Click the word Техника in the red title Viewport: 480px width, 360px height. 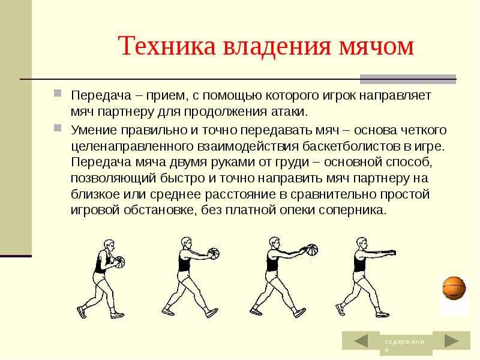pyautogui.click(x=167, y=46)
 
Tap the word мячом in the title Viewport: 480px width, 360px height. pyautogui.click(x=377, y=47)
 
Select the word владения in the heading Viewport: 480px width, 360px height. pyautogui.click(x=277, y=47)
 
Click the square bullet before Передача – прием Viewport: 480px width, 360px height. pyautogui.click(x=58, y=93)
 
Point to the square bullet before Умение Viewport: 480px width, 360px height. pyautogui.click(x=58, y=128)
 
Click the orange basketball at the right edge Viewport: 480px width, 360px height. pyautogui.click(x=454, y=288)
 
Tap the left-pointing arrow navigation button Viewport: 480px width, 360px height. pyautogui.click(x=361, y=340)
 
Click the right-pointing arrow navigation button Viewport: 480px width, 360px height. pyautogui.click(x=452, y=340)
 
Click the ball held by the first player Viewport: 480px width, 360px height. pyautogui.click(x=119, y=262)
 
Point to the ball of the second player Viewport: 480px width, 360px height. pyautogui.click(x=214, y=253)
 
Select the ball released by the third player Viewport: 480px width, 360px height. pyautogui.click(x=312, y=250)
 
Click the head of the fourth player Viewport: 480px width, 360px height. pyautogui.click(x=362, y=244)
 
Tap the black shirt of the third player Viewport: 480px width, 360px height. pyautogui.click(x=272, y=260)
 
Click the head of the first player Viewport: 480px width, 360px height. pyautogui.click(x=109, y=246)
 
